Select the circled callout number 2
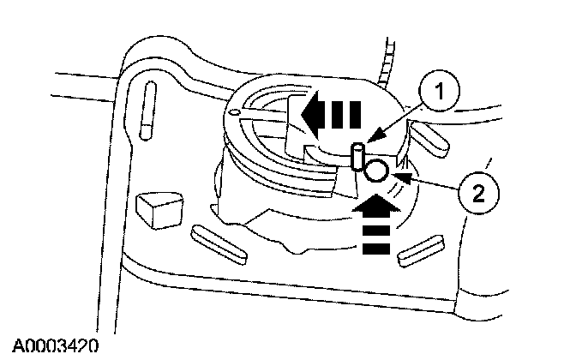tap(477, 195)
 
